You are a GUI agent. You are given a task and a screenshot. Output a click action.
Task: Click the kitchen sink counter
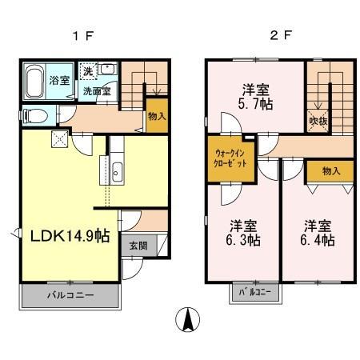pos(117,170)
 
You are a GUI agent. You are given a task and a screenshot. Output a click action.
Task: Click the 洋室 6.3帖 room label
pos(240,231)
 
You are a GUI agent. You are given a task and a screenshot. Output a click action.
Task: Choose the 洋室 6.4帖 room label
pos(318,231)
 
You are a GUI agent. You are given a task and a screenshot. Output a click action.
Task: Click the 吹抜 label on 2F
pos(318,122)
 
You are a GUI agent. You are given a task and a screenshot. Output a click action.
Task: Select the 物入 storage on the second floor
pos(331,170)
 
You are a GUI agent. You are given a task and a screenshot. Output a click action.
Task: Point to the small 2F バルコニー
pos(257,293)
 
